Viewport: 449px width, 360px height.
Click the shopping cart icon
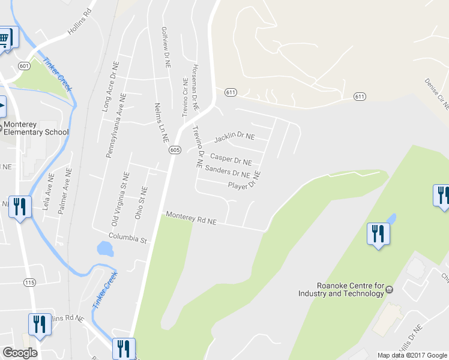[x=5, y=39]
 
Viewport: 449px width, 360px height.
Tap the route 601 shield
[x=24, y=65]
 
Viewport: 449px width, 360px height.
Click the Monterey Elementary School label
[x=36, y=128]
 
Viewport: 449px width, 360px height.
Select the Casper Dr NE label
[x=231, y=161]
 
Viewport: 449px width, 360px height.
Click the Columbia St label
[x=127, y=239]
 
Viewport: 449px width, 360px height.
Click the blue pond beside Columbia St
[x=105, y=248]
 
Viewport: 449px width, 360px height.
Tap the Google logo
[x=20, y=353]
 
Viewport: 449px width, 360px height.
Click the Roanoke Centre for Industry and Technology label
[x=341, y=289]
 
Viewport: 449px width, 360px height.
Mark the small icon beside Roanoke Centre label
[x=389, y=289]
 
